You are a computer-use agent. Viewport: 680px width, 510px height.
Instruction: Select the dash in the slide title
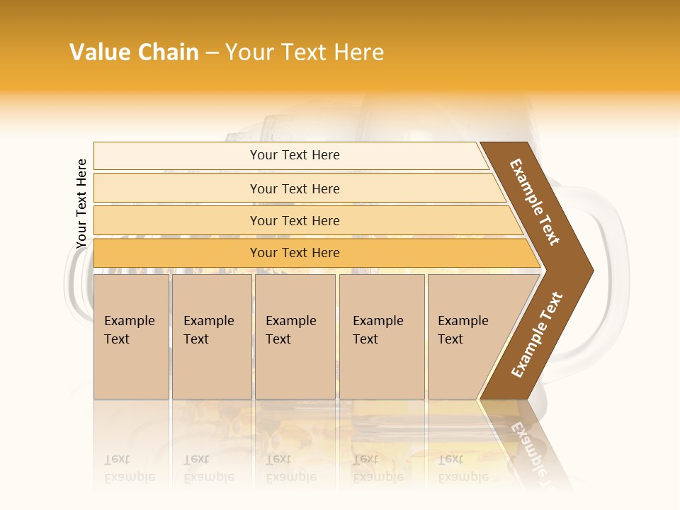pos(212,53)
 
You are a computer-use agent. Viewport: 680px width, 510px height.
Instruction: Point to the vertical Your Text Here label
pos(81,203)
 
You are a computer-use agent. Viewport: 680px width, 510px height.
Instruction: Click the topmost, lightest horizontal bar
pos(294,155)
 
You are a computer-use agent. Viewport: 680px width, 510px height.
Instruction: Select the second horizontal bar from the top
pos(294,188)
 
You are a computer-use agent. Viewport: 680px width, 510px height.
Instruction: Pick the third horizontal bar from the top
pos(294,220)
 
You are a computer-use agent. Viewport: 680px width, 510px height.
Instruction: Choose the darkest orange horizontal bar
pos(294,253)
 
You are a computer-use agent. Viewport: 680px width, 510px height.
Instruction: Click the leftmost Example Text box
pos(131,336)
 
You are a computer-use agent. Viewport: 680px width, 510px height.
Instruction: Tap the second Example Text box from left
pos(211,336)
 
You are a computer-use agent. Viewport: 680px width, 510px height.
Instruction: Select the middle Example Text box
pos(295,336)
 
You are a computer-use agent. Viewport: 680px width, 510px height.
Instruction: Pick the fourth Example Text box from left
pos(382,336)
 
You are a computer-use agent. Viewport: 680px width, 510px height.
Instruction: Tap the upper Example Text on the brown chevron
pos(535,202)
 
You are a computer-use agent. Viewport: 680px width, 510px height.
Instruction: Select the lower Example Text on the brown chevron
pos(536,334)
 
